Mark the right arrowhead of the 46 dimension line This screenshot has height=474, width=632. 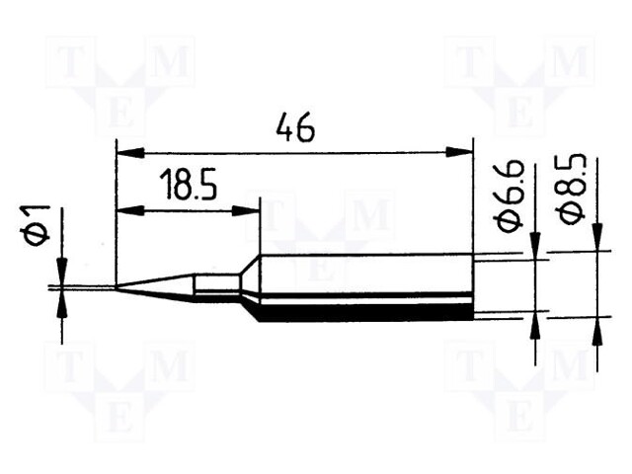pos(459,152)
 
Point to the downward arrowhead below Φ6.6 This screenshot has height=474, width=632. pos(534,247)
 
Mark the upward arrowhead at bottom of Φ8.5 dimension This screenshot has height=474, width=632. pos(596,330)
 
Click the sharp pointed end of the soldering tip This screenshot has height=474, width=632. pos(118,287)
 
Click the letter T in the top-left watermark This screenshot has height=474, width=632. pos(68,65)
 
